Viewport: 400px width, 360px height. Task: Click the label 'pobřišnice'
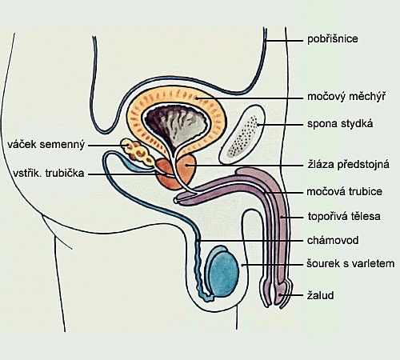pyautogui.click(x=333, y=39)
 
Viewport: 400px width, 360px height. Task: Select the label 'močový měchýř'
pyautogui.click(x=346, y=96)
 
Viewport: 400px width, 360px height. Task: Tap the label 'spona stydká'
pyautogui.click(x=340, y=124)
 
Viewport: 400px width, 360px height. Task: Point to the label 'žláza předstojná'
pyautogui.click(x=349, y=164)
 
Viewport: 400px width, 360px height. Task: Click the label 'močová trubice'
pyautogui.click(x=345, y=191)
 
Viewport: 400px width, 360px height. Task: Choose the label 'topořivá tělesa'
pyautogui.click(x=344, y=216)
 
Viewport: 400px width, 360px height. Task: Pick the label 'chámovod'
pyautogui.click(x=333, y=240)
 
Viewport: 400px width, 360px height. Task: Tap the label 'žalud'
pyautogui.click(x=320, y=295)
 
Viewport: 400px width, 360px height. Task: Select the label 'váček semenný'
pyautogui.click(x=46, y=145)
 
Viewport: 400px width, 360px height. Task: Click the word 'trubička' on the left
pyautogui.click(x=65, y=174)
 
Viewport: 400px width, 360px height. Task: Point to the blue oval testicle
pyautogui.click(x=223, y=272)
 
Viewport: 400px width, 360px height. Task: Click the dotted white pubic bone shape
pyautogui.click(x=242, y=134)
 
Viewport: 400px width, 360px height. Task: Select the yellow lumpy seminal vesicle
pyautogui.click(x=137, y=151)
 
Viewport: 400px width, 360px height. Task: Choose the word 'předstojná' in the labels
pyautogui.click(x=363, y=164)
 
